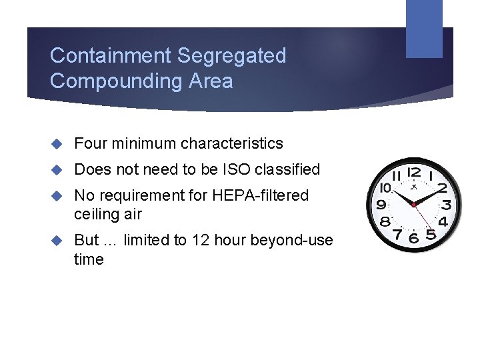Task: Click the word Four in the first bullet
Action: pos(88,143)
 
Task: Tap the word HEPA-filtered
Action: pos(261,195)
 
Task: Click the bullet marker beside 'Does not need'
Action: pos(57,170)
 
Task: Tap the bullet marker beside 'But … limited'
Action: pos(57,241)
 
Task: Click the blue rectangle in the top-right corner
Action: pos(424,28)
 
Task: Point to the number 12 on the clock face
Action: pos(414,173)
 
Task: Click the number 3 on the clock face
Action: pos(446,205)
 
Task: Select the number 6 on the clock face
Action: pos(414,237)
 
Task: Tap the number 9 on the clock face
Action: pos(381,205)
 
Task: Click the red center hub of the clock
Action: pos(414,204)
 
